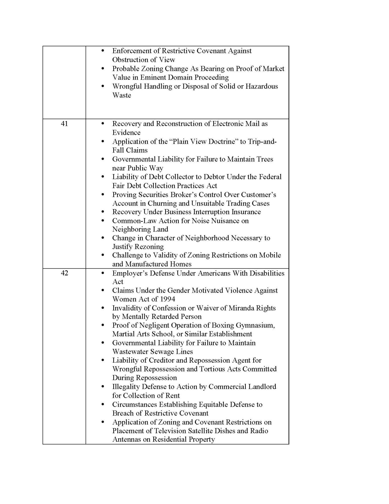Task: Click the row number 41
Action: (64, 124)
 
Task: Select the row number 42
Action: (64, 273)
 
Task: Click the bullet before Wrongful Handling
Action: (102, 86)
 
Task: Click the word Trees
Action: (265, 159)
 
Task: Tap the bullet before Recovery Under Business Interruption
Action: (102, 212)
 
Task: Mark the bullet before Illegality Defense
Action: (102, 387)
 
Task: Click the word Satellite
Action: (218, 431)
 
